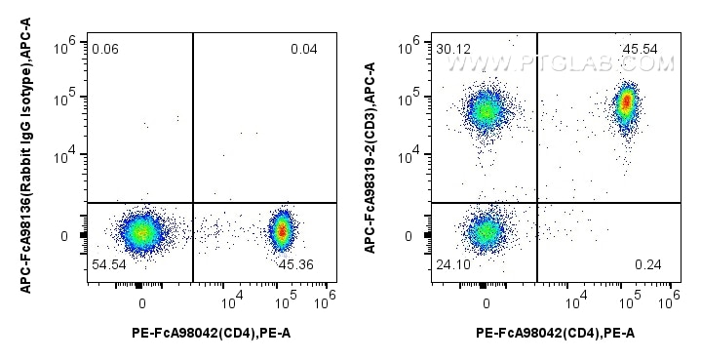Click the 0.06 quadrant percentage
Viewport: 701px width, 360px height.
104,49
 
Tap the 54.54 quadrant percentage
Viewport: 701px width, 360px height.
107,265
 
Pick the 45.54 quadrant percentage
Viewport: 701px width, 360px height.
644,49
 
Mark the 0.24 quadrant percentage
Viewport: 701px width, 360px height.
648,265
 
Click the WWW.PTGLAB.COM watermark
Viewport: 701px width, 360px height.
561,64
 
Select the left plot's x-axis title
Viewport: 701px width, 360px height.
211,334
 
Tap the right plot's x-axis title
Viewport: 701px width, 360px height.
555,334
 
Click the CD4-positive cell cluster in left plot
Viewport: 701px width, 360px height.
282,230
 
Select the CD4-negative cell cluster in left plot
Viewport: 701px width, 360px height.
141,232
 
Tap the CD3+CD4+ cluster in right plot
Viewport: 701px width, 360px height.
627,102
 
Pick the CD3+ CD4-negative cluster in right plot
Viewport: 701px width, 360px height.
486,111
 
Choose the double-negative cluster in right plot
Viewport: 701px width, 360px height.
486,232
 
